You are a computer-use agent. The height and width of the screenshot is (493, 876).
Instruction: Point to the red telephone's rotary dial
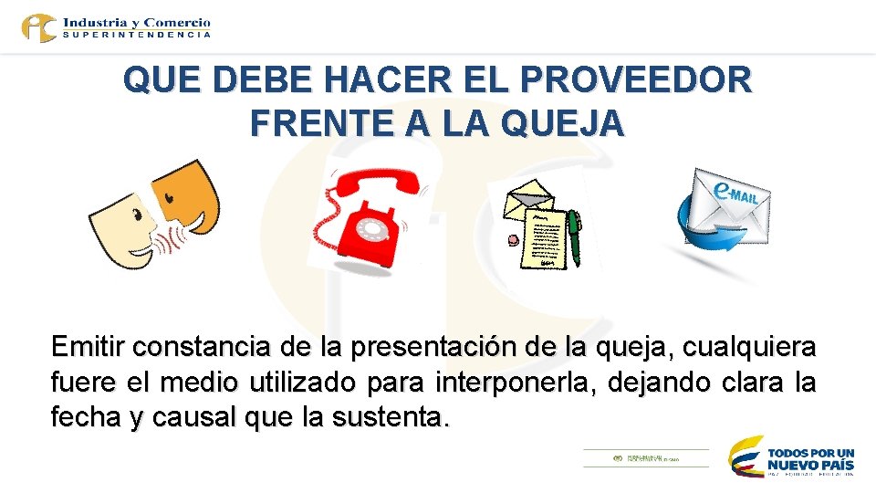pyautogui.click(x=374, y=225)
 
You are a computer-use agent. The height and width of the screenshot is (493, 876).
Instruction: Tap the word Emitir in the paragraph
pyautogui.click(x=88, y=348)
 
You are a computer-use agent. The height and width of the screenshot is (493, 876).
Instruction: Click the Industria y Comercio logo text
pyautogui.click(x=137, y=22)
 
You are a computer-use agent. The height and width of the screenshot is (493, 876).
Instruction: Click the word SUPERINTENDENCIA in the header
pyautogui.click(x=137, y=35)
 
